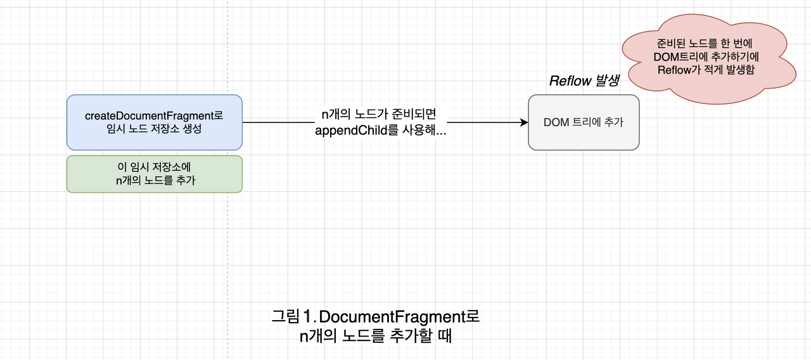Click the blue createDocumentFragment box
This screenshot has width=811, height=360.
154,122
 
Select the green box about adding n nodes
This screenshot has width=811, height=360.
154,174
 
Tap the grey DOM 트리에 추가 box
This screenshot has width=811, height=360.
584,122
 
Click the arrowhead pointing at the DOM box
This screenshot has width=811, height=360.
524,122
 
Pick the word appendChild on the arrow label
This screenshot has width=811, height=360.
350,131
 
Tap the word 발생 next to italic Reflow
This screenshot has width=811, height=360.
607,81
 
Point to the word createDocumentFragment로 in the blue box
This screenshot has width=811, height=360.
154,116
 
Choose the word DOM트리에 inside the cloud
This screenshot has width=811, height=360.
681,57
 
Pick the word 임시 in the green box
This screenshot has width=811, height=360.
137,167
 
